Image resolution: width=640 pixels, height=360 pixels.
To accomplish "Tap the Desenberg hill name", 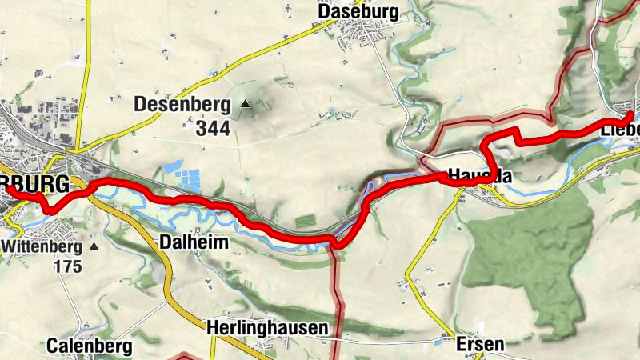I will pyautogui.click(x=182, y=104).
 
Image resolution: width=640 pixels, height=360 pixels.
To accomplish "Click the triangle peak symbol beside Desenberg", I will pyautogui.click(x=245, y=104).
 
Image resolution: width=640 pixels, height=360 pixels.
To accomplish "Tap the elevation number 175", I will pyautogui.click(x=68, y=266).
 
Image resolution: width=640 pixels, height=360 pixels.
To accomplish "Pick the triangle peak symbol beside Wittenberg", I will pyautogui.click(x=95, y=246).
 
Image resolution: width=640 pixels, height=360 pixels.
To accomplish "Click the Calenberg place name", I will pyautogui.click(x=89, y=346).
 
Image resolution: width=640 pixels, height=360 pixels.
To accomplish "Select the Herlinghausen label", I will pyautogui.click(x=267, y=327).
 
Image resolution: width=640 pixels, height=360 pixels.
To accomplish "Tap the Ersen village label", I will pyautogui.click(x=480, y=345).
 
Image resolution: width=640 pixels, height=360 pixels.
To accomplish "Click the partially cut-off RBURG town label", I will pyautogui.click(x=37, y=183).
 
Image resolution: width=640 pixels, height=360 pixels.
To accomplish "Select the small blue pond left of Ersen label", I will pyautogui.click(x=439, y=342).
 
